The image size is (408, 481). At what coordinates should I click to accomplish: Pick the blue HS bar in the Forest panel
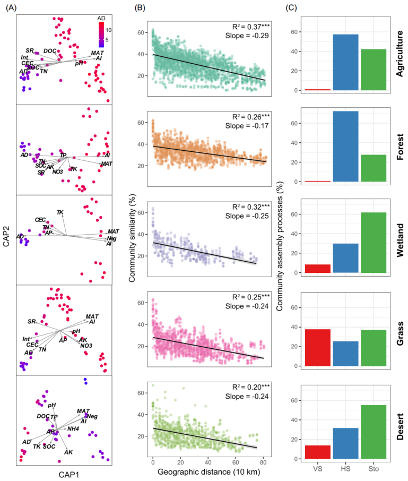coord(345,147)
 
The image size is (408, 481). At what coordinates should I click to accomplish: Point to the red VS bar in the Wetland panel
coord(318,269)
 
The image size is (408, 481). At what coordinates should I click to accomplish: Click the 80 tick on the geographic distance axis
coord(263,462)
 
